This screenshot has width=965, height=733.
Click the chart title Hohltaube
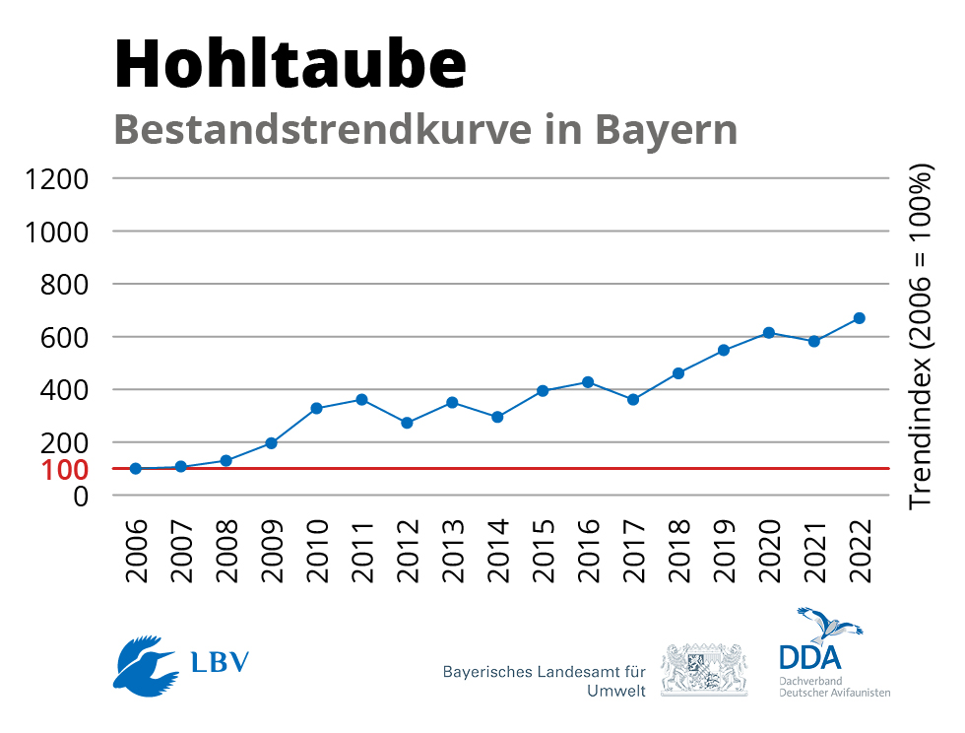(x=290, y=64)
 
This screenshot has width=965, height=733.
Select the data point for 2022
(x=859, y=318)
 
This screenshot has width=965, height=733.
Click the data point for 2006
(x=135, y=469)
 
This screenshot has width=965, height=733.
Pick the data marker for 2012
(x=407, y=423)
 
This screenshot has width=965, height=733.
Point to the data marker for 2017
(x=633, y=400)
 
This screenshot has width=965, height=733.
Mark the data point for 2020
(x=768, y=333)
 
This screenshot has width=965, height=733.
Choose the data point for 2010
(x=316, y=408)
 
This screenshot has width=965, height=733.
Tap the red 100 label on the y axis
(x=67, y=469)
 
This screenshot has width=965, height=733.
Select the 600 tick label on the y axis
(x=67, y=337)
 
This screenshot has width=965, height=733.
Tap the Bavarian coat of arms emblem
(x=703, y=669)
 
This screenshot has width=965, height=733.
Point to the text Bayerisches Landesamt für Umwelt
(x=544, y=680)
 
